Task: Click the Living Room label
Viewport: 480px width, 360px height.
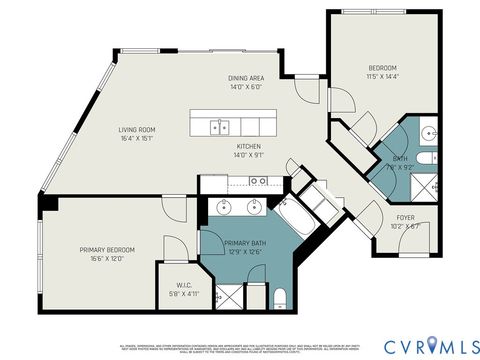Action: point(136,129)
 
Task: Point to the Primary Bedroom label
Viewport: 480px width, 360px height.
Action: point(107,249)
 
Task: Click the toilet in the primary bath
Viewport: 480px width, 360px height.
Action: point(281,296)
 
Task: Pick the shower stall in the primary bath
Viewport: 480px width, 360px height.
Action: point(229,296)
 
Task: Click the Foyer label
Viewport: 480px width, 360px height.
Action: point(406,216)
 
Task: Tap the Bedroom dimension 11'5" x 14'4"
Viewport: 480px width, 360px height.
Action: point(381,76)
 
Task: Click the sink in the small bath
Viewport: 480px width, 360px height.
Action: point(428,132)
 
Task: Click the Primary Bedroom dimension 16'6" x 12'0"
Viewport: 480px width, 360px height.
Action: point(107,259)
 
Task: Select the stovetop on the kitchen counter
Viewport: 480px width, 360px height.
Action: point(259,181)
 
